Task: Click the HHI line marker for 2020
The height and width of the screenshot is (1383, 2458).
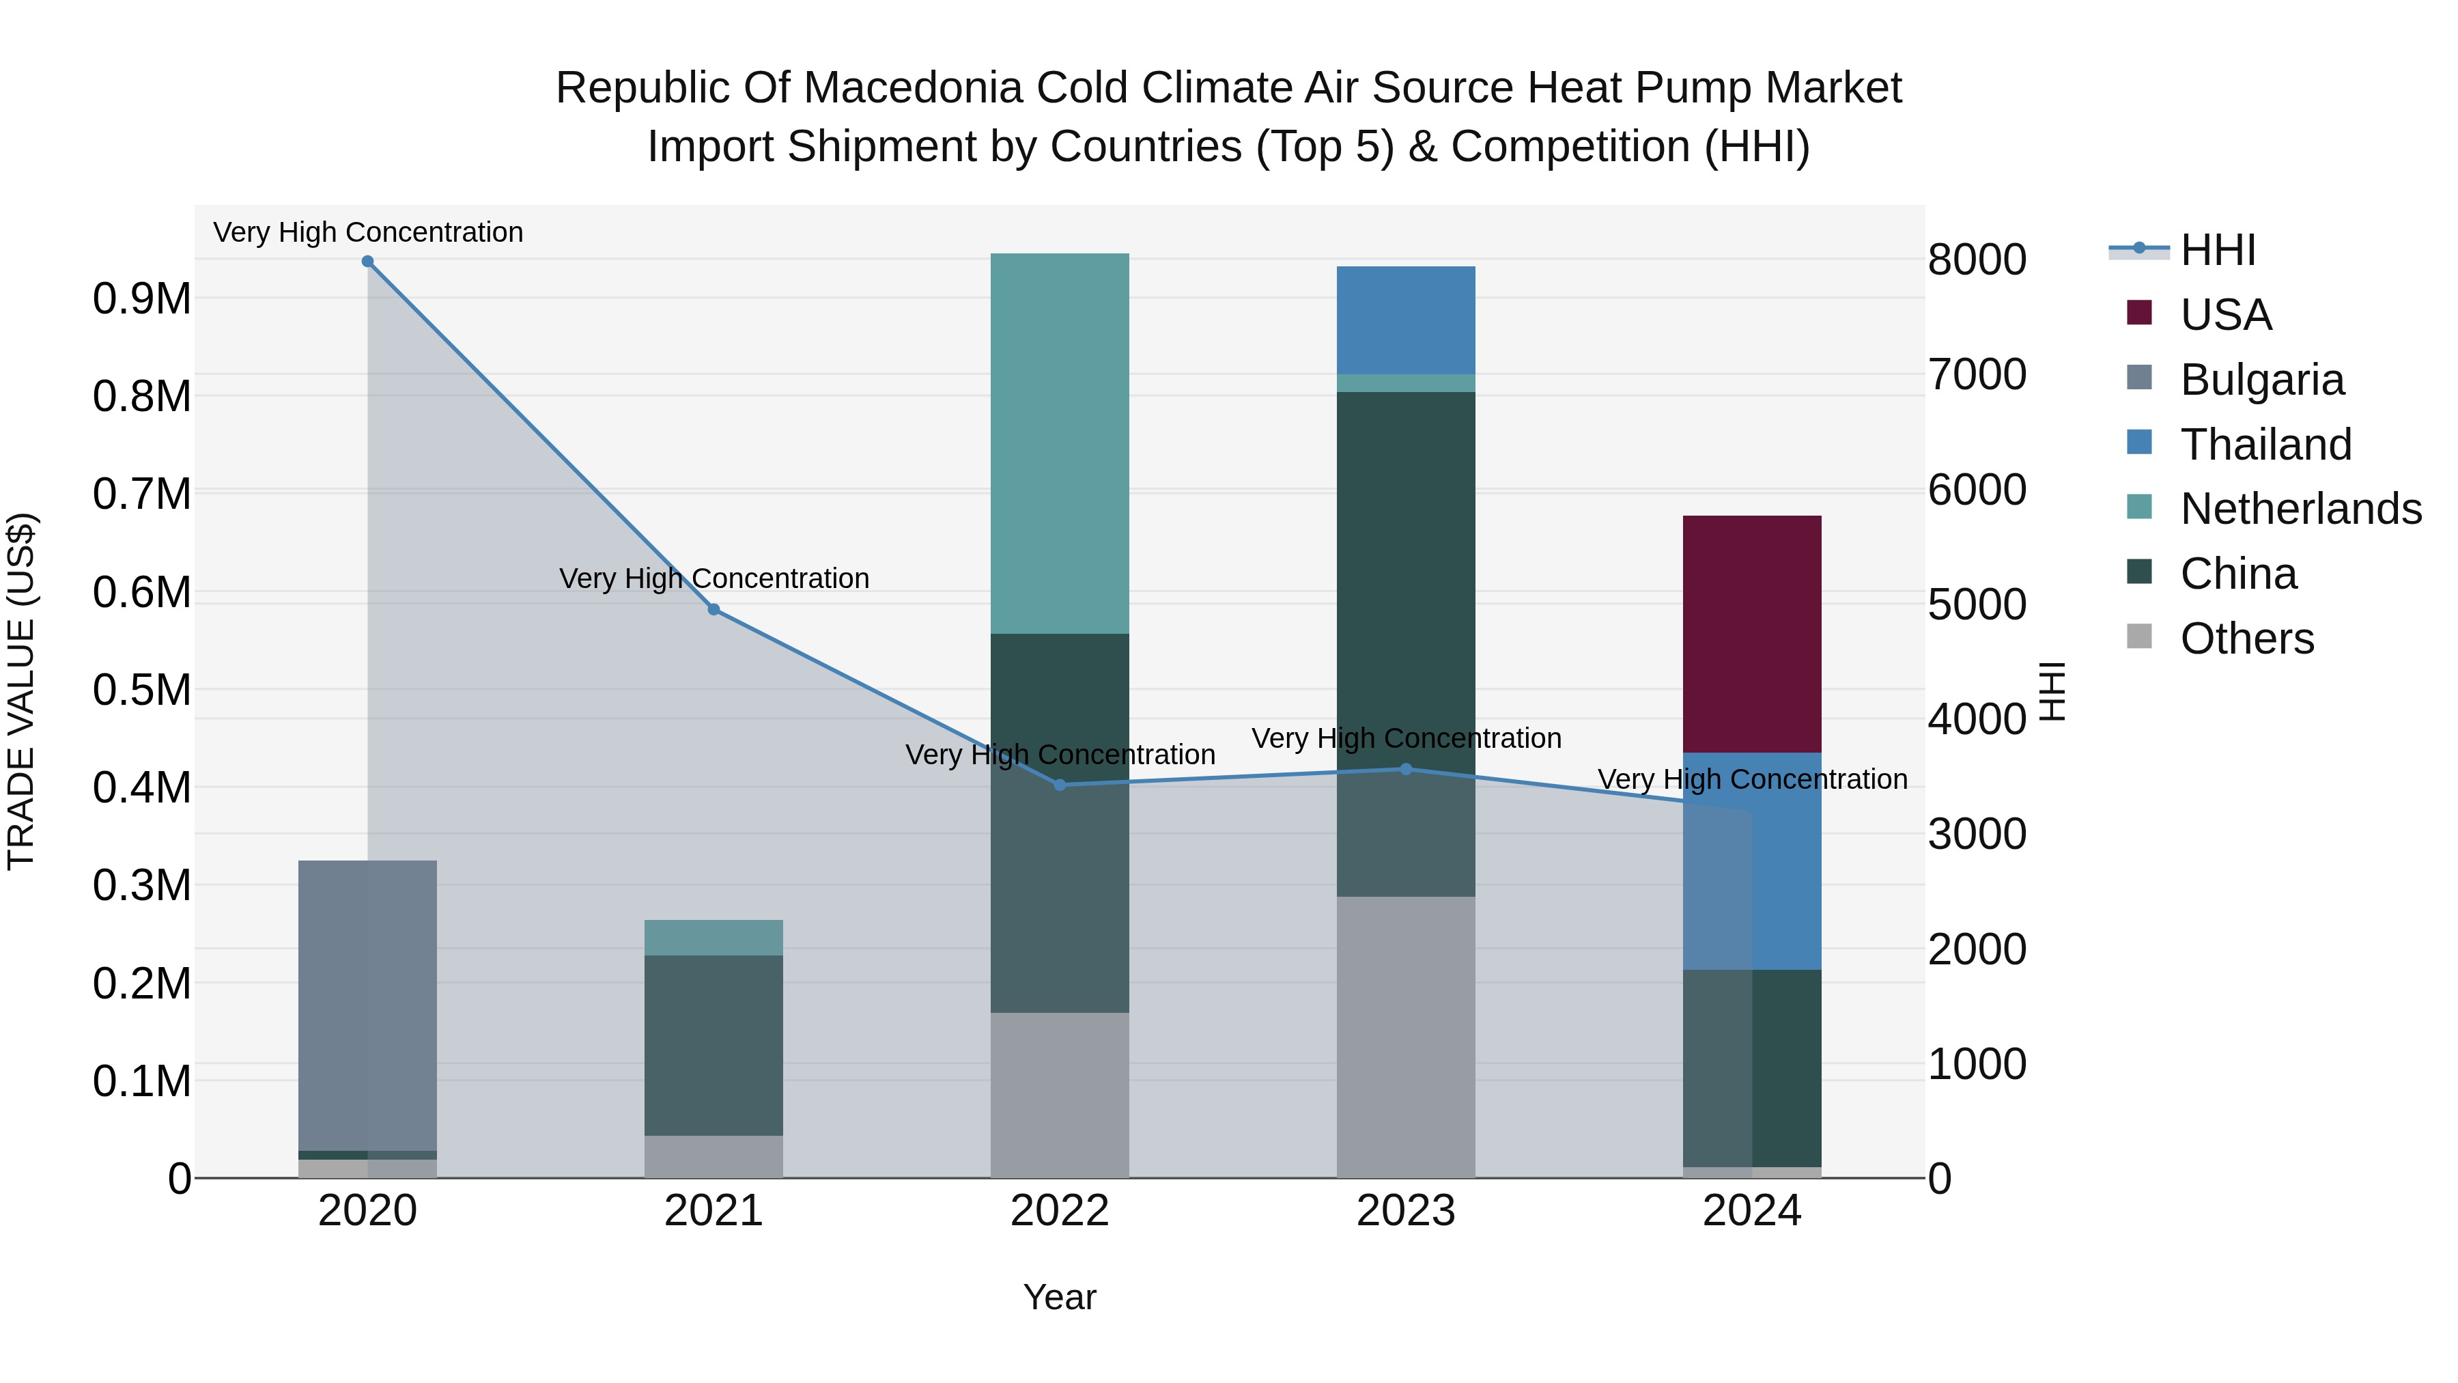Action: pyautogui.click(x=367, y=262)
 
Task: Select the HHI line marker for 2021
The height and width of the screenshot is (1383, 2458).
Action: pyautogui.click(x=714, y=609)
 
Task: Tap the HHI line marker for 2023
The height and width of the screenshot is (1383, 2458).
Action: pyautogui.click(x=1406, y=769)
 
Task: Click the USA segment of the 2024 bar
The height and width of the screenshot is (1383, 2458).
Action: pyautogui.click(x=1752, y=634)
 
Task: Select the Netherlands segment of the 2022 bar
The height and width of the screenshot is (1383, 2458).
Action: pyautogui.click(x=1059, y=444)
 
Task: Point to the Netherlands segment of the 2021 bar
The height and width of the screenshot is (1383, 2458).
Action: pyautogui.click(x=714, y=937)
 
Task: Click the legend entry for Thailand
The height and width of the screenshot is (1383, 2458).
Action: pyautogui.click(x=2265, y=445)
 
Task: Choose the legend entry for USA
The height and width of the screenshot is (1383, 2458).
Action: pyautogui.click(x=2225, y=315)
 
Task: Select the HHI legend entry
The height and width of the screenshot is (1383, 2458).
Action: pyautogui.click(x=2218, y=250)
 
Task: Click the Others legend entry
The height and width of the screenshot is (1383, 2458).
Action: pyautogui.click(x=2246, y=639)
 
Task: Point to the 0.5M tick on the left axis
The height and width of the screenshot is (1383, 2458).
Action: pyautogui.click(x=141, y=690)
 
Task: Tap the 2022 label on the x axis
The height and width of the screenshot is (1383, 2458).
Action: pyautogui.click(x=1059, y=1211)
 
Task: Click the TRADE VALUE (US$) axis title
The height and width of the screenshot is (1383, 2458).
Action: pyautogui.click(x=21, y=691)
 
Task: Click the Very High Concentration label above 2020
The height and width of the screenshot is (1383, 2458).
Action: pyautogui.click(x=367, y=232)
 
